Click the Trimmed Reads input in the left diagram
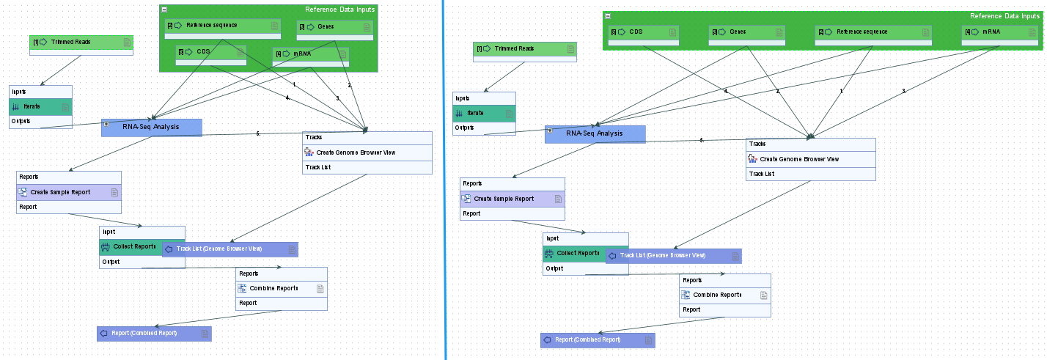tap(71, 43)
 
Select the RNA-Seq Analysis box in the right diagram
tap(595, 133)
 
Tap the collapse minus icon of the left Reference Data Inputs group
tap(164, 10)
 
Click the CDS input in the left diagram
tap(203, 52)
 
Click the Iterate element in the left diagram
tap(32, 107)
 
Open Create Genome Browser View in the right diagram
tap(799, 159)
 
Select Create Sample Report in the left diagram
tap(60, 192)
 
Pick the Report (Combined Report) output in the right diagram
tap(587, 340)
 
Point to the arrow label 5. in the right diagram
tap(702, 140)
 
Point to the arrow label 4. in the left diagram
tap(288, 98)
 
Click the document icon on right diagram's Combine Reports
tap(763, 295)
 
